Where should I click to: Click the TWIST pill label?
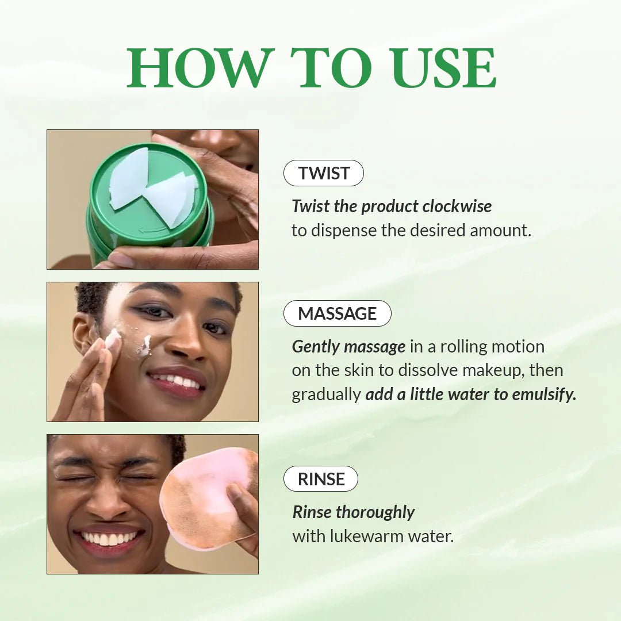coord(324,173)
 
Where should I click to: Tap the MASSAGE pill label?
coord(337,313)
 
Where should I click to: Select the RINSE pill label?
coord(321,479)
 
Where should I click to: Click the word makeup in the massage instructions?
coord(492,370)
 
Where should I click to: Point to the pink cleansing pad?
coord(207,497)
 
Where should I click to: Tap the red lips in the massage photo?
coord(177,382)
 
